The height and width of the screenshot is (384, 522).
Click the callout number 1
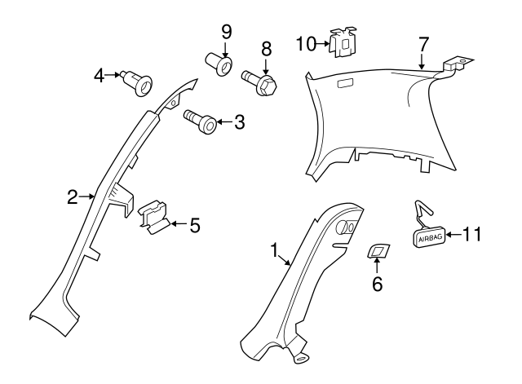tap(275, 250)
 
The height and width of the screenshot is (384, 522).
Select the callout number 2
tap(72, 196)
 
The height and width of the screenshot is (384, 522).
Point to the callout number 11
tap(471, 235)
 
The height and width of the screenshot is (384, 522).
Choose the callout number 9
tap(226, 32)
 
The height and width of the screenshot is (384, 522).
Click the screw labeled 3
tap(201, 123)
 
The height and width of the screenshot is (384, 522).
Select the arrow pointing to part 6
tap(377, 268)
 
